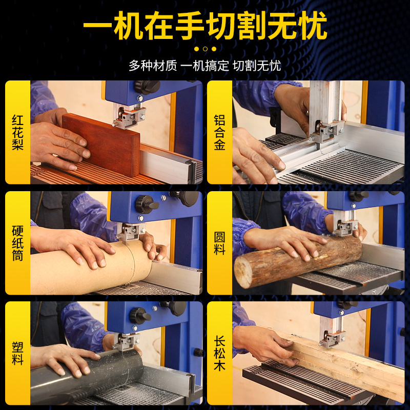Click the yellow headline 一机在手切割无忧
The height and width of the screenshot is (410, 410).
(206, 25)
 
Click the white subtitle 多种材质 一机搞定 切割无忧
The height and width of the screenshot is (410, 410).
(204, 66)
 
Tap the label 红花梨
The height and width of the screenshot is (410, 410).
(17, 132)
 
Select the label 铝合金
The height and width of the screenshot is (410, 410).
(220, 132)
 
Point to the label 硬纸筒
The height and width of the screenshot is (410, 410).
(17, 243)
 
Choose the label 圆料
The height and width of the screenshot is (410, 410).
(220, 243)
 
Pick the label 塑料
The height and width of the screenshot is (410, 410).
(17, 353)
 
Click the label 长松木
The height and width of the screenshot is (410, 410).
(220, 353)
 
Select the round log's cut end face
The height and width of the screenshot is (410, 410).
(243, 272)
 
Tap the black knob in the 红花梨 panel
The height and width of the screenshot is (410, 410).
(147, 87)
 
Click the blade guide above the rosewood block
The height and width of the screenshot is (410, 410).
(129, 116)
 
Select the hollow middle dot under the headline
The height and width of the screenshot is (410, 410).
(206, 49)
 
